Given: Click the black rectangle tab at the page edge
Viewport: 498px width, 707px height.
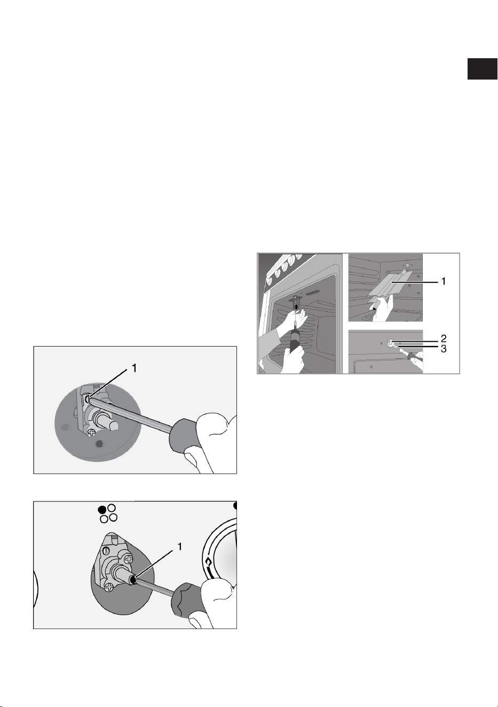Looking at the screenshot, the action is [x=482, y=69].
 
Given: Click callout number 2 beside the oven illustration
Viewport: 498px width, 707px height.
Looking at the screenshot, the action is [x=444, y=339].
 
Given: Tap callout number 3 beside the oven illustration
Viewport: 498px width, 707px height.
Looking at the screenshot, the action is [x=444, y=349].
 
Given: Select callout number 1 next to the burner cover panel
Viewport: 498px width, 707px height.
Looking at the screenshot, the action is [x=444, y=281].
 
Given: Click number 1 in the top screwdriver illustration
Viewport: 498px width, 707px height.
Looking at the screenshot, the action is [x=134, y=368].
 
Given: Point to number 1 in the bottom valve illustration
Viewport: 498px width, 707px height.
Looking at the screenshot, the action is [x=179, y=547].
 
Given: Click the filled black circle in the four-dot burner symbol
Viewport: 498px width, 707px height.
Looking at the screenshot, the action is [x=102, y=509].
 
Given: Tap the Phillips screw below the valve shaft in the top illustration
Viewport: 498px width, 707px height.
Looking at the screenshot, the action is [x=92, y=432].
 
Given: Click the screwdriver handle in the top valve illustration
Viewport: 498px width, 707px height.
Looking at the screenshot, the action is [x=183, y=435].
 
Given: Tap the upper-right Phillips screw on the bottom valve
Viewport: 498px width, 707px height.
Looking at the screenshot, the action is [x=129, y=559].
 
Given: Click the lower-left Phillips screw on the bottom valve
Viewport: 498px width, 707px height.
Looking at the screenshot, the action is [x=109, y=587].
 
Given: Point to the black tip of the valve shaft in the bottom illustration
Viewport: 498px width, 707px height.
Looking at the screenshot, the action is [x=134, y=580].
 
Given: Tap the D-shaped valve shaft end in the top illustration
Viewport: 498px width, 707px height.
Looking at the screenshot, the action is [x=114, y=426].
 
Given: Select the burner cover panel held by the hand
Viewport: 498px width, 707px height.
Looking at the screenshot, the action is [x=391, y=284].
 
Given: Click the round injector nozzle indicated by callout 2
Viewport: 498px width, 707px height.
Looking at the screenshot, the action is [x=390, y=342].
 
